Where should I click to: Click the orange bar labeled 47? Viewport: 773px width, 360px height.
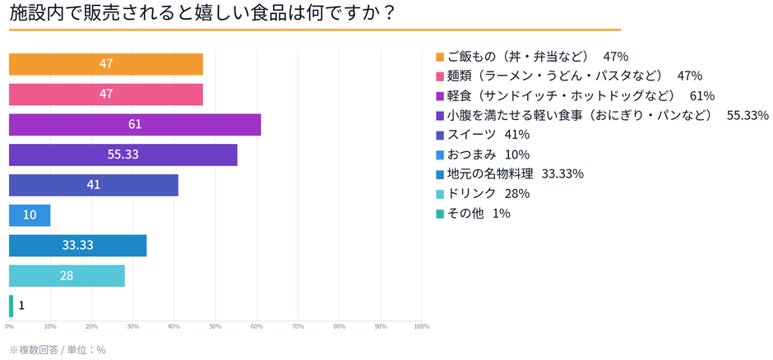[x=105, y=64]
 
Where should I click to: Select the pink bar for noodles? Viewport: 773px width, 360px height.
[x=105, y=95]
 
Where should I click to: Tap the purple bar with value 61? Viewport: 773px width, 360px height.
[x=135, y=125]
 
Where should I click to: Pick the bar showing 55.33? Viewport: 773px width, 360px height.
[x=123, y=155]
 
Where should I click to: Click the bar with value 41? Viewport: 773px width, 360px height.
[x=93, y=185]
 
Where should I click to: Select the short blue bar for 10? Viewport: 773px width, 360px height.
[x=30, y=215]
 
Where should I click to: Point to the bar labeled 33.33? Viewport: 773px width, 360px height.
[x=77, y=245]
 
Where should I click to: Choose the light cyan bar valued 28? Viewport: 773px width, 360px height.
[x=67, y=275]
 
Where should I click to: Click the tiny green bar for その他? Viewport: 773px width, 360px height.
[x=11, y=306]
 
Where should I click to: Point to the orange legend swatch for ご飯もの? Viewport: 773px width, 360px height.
[x=440, y=57]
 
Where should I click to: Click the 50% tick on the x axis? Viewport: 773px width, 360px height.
[x=215, y=326]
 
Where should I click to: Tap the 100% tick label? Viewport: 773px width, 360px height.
[x=421, y=326]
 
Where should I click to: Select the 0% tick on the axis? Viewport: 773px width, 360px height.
[x=9, y=326]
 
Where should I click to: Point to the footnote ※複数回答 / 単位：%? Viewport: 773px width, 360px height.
[x=58, y=349]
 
